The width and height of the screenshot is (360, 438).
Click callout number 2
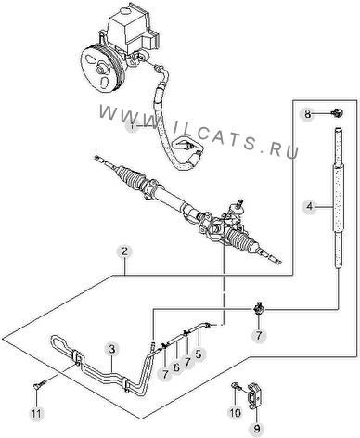pos(124,251)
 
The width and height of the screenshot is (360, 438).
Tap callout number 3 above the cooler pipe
pos(112,350)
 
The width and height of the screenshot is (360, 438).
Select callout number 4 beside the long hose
pos(310,206)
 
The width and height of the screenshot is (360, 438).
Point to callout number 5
pos(199,354)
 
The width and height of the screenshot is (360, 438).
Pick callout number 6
pos(176,367)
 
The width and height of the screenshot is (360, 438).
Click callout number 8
pos(307,114)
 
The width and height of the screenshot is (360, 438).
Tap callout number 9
pos(257,429)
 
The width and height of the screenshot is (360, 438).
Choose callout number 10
pos(235,413)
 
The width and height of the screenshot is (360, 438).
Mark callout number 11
pos(36,414)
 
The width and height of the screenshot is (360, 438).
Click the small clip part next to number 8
pos(338,113)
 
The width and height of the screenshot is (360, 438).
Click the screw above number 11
pos(40,385)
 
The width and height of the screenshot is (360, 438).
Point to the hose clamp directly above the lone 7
pos(259,309)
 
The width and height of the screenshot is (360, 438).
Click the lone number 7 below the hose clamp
pos(259,335)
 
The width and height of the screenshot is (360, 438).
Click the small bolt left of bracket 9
pos(235,386)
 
